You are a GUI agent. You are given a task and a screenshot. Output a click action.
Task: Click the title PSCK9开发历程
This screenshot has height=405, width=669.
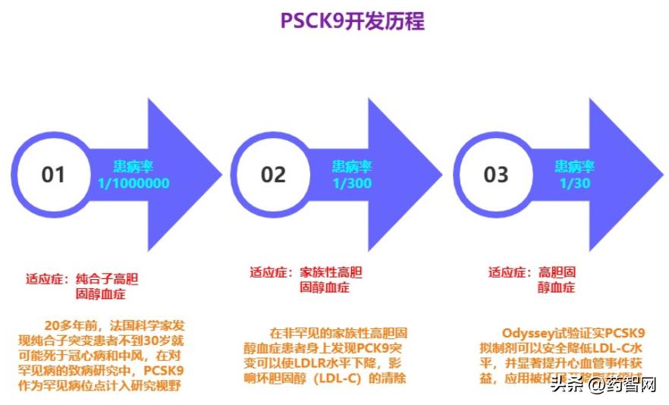point(352,20)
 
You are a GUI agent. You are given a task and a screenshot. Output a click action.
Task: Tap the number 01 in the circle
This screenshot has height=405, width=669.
point(53,174)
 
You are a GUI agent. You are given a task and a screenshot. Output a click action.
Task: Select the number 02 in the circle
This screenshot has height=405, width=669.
point(273,174)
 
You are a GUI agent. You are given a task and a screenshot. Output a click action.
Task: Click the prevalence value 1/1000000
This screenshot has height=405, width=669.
point(133,184)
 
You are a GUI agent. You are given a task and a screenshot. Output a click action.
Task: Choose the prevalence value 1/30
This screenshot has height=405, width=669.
point(574,184)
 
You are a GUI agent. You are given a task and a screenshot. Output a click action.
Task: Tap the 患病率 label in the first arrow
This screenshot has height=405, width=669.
point(133,167)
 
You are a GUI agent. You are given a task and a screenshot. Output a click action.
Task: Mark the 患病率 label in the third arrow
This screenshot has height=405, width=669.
point(574,167)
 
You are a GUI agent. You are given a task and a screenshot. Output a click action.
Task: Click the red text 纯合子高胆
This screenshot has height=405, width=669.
point(108,278)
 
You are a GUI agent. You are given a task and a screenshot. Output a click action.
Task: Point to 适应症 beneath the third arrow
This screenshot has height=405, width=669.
point(507,272)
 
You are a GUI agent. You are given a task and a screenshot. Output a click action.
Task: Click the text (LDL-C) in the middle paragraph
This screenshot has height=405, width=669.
point(335,378)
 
